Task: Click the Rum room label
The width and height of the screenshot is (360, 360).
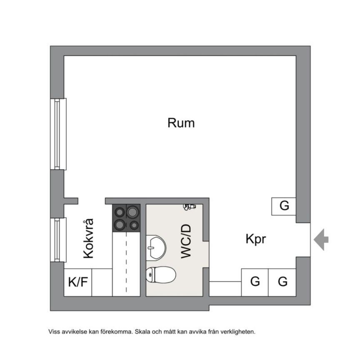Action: tap(181, 123)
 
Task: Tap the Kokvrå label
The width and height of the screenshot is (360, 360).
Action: tap(88, 239)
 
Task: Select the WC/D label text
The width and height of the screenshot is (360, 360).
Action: tap(186, 242)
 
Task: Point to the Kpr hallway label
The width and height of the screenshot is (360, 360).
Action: tap(255, 240)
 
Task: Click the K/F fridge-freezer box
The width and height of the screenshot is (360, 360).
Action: tap(78, 282)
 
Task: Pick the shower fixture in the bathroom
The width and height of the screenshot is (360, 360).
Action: tap(190, 206)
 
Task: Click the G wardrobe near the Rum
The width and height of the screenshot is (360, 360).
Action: tap(284, 206)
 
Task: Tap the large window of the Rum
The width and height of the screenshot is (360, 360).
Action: tap(58, 134)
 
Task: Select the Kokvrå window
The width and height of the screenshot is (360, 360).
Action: tap(58, 240)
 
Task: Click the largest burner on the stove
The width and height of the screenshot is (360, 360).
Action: tap(133, 212)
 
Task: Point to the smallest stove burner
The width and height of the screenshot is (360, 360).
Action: tap(134, 225)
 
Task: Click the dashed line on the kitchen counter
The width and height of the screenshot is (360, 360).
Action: tap(126, 262)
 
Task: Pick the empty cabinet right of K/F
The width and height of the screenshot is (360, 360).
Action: tap(102, 282)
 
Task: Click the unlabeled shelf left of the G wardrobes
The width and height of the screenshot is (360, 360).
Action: tap(225, 288)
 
